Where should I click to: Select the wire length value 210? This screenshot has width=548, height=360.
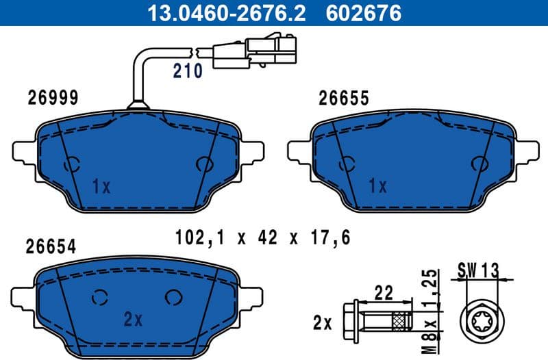click(187, 70)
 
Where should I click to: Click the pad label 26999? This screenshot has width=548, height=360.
click(53, 98)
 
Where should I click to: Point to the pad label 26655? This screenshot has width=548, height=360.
click(344, 98)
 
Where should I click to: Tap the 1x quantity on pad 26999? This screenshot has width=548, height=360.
click(101, 185)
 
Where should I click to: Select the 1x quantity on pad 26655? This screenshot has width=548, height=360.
click(377, 185)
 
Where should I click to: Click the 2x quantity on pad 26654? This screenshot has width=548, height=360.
click(132, 318)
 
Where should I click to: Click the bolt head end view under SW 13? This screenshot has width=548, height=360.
click(478, 318)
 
